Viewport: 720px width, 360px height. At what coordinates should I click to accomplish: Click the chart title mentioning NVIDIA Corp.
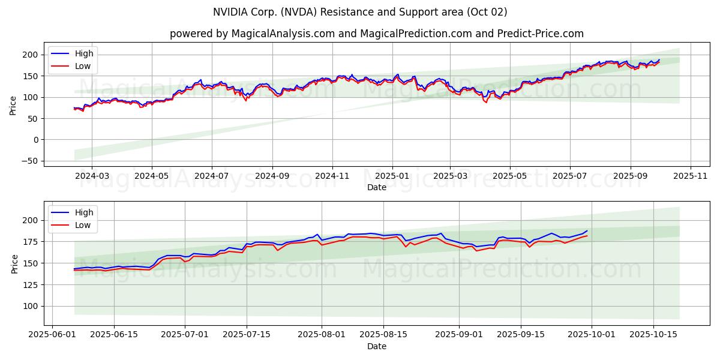(x=360, y=12)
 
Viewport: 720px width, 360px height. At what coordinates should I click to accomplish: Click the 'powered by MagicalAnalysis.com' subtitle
(x=376, y=34)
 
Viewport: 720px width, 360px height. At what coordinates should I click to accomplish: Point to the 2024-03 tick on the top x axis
(x=92, y=176)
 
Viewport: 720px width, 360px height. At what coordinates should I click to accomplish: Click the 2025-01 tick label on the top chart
(x=392, y=176)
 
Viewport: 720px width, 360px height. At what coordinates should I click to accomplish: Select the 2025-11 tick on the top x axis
(x=691, y=176)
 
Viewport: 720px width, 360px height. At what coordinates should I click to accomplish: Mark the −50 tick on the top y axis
(x=29, y=161)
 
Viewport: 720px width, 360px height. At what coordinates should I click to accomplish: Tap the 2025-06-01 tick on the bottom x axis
(x=53, y=335)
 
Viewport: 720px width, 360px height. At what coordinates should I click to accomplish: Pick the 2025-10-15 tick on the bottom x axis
(x=653, y=335)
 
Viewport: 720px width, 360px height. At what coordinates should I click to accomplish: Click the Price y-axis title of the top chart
(x=13, y=106)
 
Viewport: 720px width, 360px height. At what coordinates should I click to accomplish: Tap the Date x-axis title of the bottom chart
(x=376, y=346)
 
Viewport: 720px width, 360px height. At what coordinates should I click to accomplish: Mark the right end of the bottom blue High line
(x=587, y=231)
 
